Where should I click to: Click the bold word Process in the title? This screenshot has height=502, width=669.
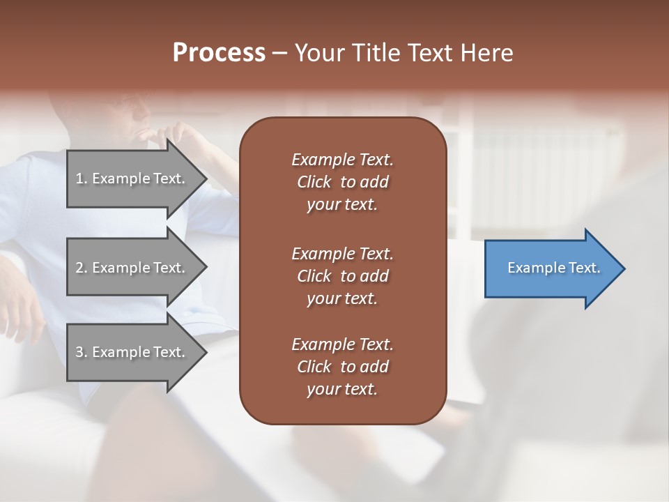[x=219, y=53]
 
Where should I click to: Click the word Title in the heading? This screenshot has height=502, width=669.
[x=376, y=53]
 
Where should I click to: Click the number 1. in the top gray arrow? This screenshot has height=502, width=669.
[x=82, y=178]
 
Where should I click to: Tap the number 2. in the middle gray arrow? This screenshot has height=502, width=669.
[x=82, y=268]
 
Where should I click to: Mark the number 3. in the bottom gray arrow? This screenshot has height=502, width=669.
[x=82, y=352]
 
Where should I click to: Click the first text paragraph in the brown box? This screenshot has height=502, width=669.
[x=342, y=182]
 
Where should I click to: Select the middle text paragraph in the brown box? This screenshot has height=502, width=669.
[x=342, y=276]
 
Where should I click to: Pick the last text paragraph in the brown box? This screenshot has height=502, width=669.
[x=342, y=367]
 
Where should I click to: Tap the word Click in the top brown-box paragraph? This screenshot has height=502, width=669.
[x=314, y=182]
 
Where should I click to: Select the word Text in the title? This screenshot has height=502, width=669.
[x=431, y=53]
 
